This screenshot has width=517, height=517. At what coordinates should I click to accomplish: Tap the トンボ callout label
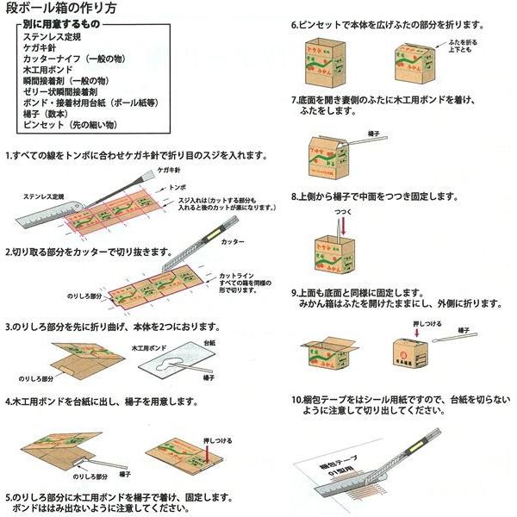click(178, 185)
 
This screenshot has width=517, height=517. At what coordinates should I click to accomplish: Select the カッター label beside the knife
click(233, 244)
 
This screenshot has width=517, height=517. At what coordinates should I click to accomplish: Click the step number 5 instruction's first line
click(120, 497)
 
